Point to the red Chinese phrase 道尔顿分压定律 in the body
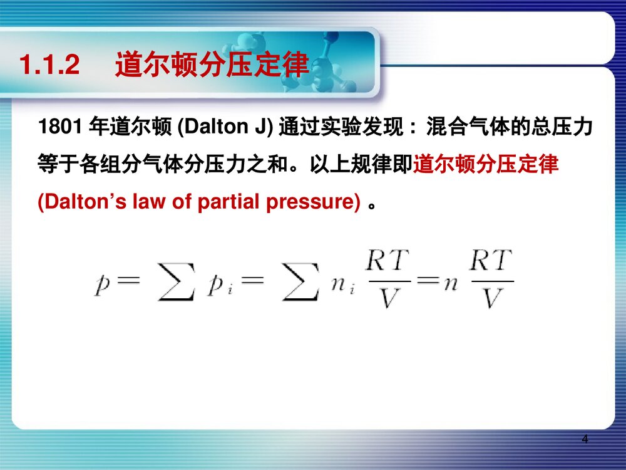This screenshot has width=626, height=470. [486, 165]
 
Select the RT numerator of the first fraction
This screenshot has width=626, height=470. [387, 260]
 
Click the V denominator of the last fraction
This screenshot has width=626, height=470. [491, 299]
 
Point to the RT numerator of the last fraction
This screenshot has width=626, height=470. [491, 260]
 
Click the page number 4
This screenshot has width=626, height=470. [585, 439]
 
